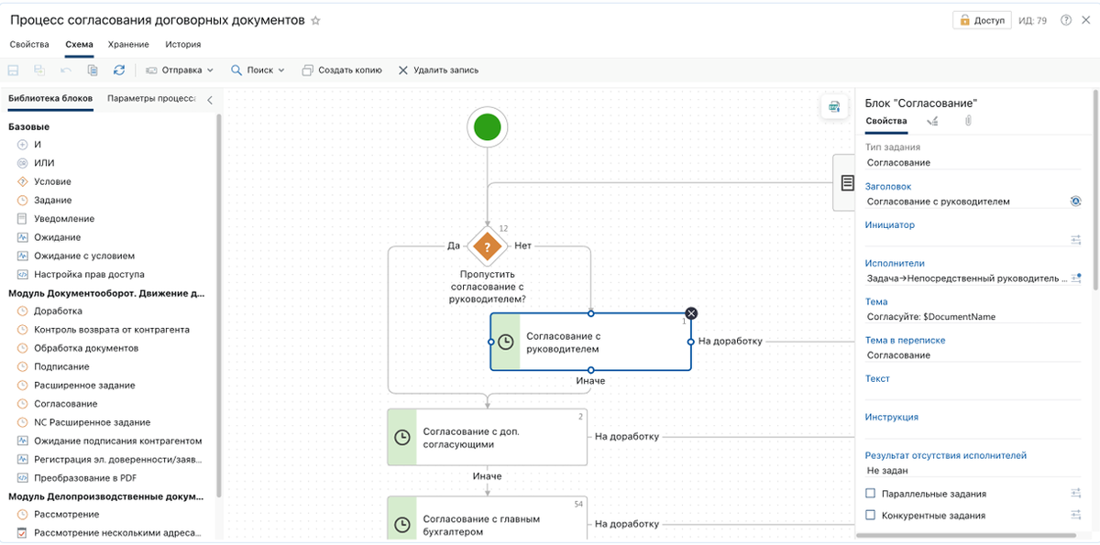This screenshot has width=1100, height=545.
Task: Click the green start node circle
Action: tap(487, 127)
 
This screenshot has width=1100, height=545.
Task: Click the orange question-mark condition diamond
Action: tap(487, 246)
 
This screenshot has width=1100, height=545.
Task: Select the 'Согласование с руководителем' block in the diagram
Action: tap(590, 342)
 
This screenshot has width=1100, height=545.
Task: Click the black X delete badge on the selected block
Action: tap(691, 313)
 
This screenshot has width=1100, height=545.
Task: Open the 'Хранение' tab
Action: tap(128, 45)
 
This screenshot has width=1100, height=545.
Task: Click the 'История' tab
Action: tap(182, 45)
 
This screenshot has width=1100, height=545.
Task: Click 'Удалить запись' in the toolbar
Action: tap(438, 71)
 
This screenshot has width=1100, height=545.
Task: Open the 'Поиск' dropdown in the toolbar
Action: tap(258, 71)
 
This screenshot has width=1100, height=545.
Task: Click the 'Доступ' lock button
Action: tap(982, 20)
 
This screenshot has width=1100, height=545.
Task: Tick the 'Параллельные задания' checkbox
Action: tap(870, 494)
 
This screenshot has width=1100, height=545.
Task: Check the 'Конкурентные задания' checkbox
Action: tap(870, 515)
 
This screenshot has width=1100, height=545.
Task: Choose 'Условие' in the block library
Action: tap(52, 181)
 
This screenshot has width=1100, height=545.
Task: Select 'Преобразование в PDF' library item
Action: tap(85, 478)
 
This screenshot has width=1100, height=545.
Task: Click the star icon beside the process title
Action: tap(315, 20)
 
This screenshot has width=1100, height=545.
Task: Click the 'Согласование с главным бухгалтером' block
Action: tap(487, 519)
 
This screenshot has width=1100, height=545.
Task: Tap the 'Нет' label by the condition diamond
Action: tap(522, 245)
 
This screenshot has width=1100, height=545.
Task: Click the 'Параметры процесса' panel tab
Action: tap(151, 99)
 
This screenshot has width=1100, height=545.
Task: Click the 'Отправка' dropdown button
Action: tap(180, 71)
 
